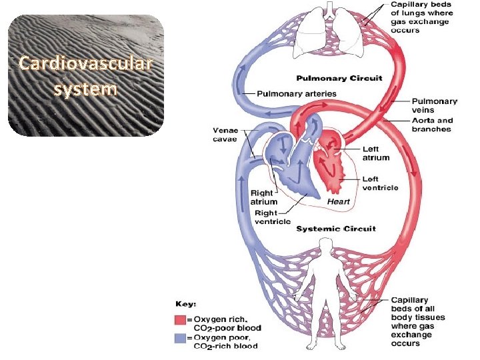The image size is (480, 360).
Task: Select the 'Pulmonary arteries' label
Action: [297, 93]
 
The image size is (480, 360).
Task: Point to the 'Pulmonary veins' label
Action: [434, 105]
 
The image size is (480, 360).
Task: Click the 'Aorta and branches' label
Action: [433, 125]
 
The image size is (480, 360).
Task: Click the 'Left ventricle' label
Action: [380, 183]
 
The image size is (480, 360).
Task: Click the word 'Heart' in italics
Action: [339, 201]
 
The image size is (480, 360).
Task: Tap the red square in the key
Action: [180, 319]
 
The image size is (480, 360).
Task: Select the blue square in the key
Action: [180, 337]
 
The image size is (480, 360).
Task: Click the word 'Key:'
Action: [186, 305]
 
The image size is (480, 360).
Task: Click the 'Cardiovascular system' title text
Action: [85, 76]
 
